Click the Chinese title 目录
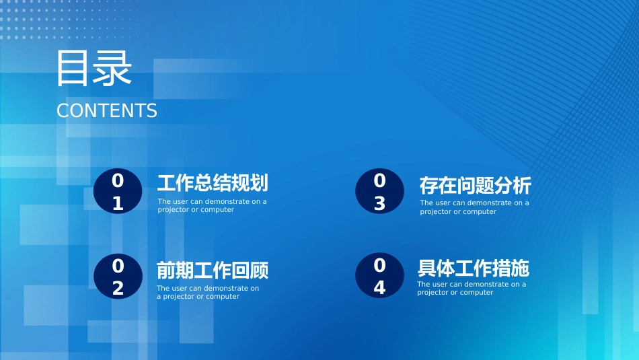pos(94,68)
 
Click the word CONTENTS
pos(107,111)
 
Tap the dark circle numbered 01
pos(118,191)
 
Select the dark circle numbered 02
pos(118,277)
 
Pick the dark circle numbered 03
pos(379,191)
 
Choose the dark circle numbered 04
pos(379,276)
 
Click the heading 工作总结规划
pos(213,183)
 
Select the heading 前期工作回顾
pos(213,271)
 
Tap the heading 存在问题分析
pos(475,186)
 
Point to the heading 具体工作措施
pos(473,268)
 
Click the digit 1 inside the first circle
pos(118,203)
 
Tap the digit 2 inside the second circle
pos(118,288)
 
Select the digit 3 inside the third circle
pos(379,203)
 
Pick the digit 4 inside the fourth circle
pos(379,287)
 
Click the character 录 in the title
pos(113,69)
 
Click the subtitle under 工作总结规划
pos(213,205)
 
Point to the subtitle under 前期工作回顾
pos(208,292)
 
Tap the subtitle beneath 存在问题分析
pos(474,207)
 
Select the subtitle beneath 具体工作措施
pos(472,288)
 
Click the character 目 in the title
pos(73,69)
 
